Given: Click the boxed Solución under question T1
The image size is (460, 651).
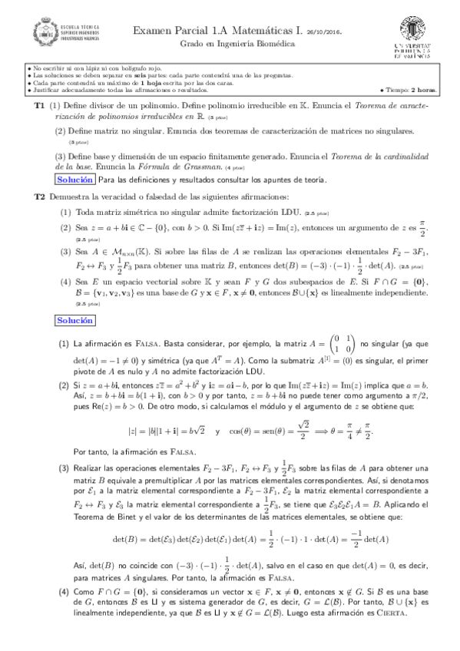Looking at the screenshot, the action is [75, 180].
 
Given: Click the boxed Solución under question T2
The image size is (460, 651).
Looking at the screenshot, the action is [75, 319].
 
